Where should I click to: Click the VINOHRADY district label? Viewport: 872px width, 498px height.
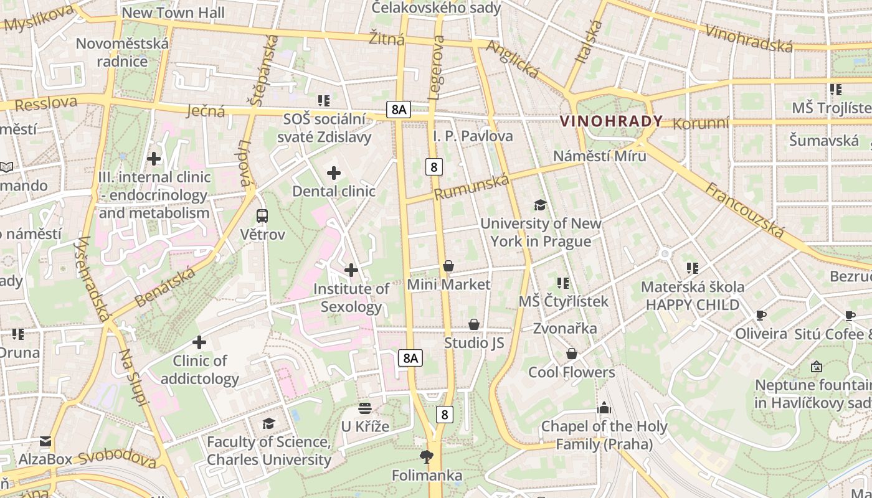point(611,121)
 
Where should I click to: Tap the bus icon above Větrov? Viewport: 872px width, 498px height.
point(262,216)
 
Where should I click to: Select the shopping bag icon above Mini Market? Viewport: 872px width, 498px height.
point(448,266)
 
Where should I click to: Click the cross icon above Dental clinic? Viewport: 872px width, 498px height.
point(334,172)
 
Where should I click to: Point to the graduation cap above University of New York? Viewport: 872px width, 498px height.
point(540,205)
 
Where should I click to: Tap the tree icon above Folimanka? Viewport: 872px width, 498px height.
point(427,458)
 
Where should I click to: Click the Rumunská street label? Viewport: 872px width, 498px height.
point(472,187)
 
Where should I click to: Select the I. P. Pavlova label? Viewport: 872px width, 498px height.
point(473,136)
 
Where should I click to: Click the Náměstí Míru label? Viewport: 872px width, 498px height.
point(600,156)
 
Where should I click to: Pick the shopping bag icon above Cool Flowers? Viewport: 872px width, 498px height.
point(571,354)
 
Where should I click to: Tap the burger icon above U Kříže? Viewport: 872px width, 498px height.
point(365,408)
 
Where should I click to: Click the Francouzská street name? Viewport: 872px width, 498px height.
point(744,210)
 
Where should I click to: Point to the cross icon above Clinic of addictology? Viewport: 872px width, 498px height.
point(199,342)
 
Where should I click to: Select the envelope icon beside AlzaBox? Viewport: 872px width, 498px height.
point(45,441)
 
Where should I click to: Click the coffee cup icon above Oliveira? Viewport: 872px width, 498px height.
point(761,315)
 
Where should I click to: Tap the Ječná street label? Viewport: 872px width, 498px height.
point(206,111)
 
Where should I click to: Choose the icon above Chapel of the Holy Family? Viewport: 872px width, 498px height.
point(603,408)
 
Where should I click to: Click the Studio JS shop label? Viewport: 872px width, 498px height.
point(474,343)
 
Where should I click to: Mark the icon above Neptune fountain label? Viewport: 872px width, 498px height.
point(817,367)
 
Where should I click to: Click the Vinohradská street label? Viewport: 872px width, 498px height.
point(749,37)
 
